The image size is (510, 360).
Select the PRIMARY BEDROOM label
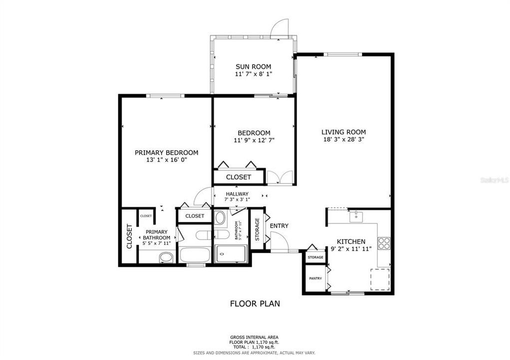point(166,152)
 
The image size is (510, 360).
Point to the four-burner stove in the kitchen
point(383,243)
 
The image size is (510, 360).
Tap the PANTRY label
point(315,278)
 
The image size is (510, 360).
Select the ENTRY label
point(279,226)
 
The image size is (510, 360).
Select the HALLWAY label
point(237,194)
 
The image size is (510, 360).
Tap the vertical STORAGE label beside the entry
point(257,229)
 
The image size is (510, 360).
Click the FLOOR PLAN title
point(254,303)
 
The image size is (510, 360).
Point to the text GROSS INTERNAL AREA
point(254,337)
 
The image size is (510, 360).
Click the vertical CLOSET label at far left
point(129,236)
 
